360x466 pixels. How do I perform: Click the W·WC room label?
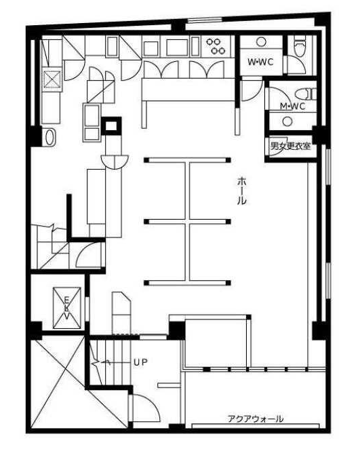[260, 62]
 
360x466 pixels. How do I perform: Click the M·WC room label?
[293, 106]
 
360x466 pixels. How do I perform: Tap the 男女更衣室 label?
[290, 146]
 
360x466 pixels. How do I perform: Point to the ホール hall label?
[242, 191]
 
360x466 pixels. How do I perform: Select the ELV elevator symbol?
[67, 308]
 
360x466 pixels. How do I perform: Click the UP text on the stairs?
[140, 362]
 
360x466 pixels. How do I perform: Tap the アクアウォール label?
[256, 419]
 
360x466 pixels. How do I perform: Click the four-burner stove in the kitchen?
[216, 46]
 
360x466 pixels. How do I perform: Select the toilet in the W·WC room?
[300, 45]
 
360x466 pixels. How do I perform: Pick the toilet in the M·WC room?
[306, 94]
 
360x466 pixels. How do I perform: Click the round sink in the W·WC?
[261, 42]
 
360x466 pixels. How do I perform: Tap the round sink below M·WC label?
[287, 121]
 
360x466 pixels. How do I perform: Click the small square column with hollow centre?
[111, 126]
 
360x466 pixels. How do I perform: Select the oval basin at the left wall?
[50, 138]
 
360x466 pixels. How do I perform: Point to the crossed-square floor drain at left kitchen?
[52, 80]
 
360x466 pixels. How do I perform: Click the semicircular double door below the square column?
[115, 162]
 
